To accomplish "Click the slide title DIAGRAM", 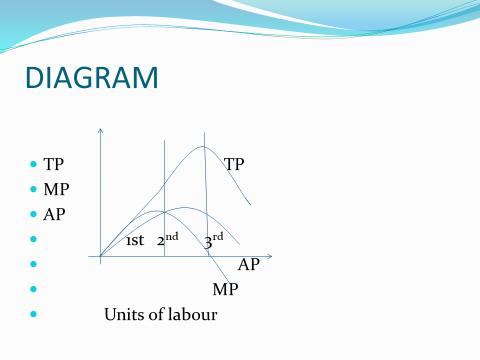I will (x=91, y=77).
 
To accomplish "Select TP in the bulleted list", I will (x=56, y=163).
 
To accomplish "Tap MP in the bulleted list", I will (x=57, y=189).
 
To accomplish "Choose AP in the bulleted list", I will (x=56, y=215).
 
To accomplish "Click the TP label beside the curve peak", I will (x=234, y=163).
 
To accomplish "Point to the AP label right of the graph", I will (x=249, y=265).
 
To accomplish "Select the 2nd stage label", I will (x=167, y=240).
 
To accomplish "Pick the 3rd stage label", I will (x=213, y=240).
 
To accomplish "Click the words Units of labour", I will (x=160, y=315).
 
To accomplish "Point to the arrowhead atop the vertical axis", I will (x=101, y=129).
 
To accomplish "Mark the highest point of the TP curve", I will (x=204, y=147).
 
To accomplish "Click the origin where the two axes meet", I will (x=101, y=257).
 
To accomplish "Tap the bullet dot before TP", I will (x=34, y=163).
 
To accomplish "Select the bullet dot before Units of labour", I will (x=34, y=315).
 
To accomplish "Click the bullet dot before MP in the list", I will (x=34, y=189).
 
